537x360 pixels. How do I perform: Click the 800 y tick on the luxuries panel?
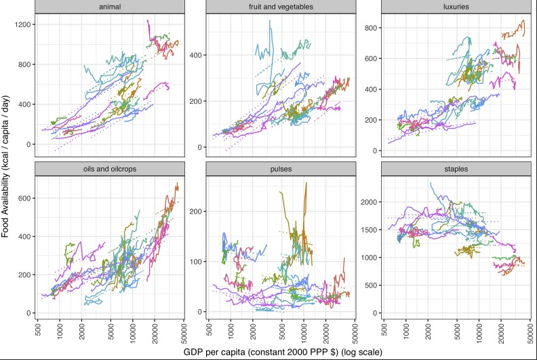[370, 28]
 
